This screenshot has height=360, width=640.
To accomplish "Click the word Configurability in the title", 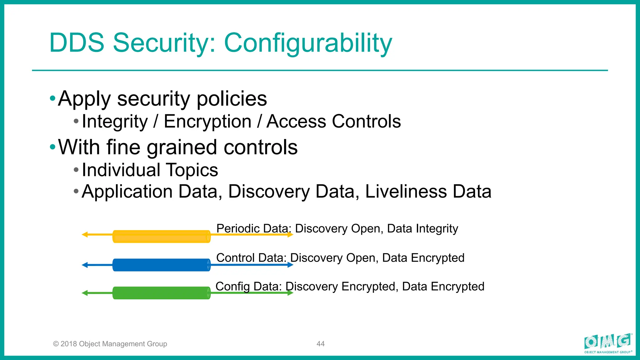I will [308, 43].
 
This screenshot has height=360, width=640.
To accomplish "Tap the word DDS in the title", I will [77, 43].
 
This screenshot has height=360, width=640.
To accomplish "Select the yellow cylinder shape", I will [161, 237].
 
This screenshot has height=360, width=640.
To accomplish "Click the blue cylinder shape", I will [161, 265].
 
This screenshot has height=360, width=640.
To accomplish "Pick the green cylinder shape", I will [161, 293].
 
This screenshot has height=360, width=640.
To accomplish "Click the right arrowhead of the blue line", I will [290, 265].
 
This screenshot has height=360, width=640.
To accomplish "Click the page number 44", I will [321, 344].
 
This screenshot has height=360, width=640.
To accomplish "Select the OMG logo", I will [608, 343].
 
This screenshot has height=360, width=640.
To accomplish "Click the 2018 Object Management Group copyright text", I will [110, 344].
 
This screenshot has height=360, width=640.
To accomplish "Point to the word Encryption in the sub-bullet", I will [207, 121].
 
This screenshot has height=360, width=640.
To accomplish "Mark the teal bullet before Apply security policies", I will [52, 99].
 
